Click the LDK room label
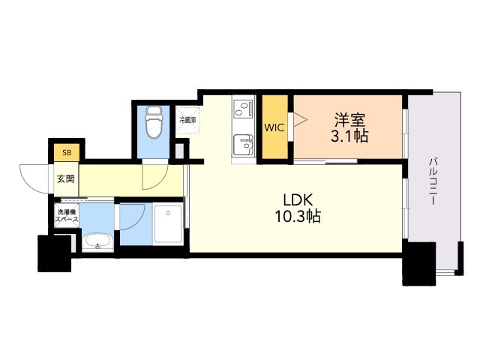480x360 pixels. [298, 200]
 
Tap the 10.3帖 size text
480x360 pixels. [298, 217]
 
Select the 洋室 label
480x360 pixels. [349, 120]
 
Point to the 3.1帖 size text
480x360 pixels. [349, 136]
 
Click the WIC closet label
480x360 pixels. [274, 127]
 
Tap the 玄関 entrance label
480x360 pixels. [66, 178]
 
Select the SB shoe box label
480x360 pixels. [67, 152]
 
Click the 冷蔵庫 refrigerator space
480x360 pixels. [187, 120]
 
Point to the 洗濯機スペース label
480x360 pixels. [67, 215]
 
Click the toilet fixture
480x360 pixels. [153, 122]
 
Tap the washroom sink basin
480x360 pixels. [97, 241]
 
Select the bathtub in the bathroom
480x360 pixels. [168, 223]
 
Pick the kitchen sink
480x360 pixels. [243, 145]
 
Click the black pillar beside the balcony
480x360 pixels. [418, 263]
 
